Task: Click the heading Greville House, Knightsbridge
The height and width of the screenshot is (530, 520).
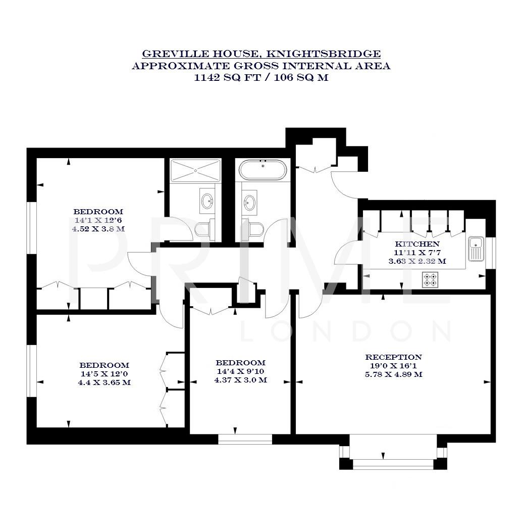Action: pos(261,54)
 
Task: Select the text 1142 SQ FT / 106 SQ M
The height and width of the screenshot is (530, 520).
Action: pos(261,78)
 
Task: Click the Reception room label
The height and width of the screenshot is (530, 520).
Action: pos(394,357)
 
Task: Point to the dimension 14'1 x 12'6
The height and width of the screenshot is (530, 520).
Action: pos(98,220)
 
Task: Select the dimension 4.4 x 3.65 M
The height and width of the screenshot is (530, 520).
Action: pos(105,382)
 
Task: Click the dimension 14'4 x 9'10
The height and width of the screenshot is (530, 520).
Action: pos(240,371)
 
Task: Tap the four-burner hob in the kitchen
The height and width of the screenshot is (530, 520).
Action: pos(430,279)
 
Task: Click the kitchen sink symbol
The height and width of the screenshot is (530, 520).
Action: pos(476,249)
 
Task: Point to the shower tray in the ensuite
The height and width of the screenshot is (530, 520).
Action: pos(195,171)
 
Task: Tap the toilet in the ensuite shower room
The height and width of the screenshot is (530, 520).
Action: pos(203,229)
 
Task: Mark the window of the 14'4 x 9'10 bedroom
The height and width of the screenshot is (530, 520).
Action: pos(245,439)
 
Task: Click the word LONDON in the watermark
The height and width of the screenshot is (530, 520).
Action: pos(346,332)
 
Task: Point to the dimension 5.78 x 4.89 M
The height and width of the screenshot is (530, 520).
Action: pos(394,374)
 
